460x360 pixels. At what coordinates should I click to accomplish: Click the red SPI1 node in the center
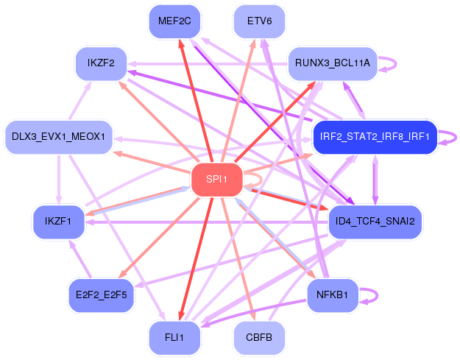217,180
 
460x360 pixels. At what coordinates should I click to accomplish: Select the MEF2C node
174,21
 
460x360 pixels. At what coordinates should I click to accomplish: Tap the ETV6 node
259,21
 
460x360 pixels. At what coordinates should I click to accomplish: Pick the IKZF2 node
101,63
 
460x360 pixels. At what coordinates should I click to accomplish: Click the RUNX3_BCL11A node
333,63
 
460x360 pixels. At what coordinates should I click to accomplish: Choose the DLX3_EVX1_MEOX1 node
59,137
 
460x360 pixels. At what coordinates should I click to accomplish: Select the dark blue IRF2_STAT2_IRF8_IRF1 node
375,137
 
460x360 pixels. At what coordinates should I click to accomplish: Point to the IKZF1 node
59,222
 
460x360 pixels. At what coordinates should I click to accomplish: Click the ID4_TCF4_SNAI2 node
375,222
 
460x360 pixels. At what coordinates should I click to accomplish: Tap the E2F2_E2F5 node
102,295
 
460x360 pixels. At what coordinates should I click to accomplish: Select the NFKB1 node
333,295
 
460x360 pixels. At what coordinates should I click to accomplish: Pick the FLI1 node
174,337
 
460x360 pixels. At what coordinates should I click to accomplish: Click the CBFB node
259,337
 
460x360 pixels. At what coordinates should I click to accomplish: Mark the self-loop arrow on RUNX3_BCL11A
396,63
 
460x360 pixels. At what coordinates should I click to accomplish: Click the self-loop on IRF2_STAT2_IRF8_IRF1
456,138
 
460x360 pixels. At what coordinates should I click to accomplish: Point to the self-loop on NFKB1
378,295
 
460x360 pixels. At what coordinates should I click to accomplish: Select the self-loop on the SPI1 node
262,180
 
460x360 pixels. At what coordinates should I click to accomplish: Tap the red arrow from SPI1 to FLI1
196,259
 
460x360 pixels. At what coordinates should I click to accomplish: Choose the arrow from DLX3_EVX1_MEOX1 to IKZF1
59,180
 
